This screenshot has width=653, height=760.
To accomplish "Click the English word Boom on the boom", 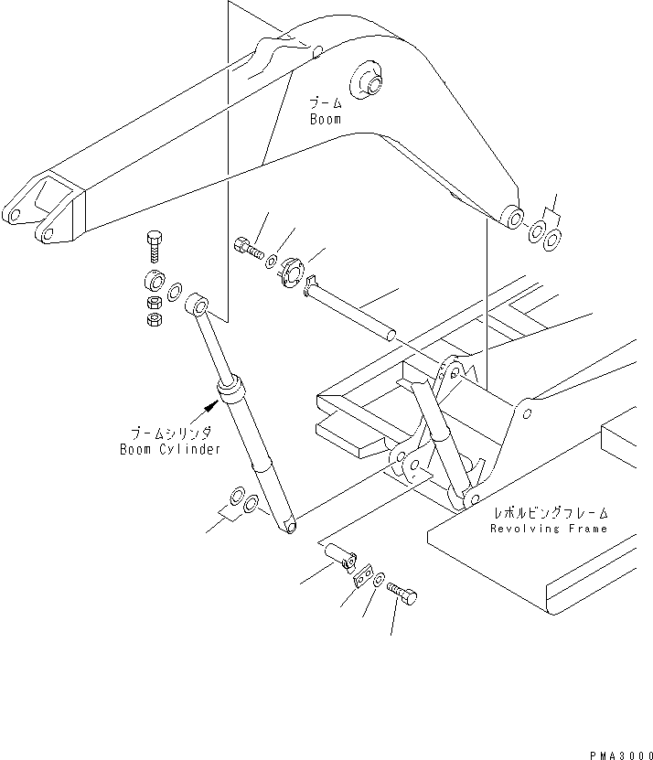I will point(325,119).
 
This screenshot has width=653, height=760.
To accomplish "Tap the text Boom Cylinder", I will point(170,449).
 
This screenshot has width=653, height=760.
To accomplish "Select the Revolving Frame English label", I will point(548,529).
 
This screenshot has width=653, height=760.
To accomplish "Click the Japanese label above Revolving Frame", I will point(548,514).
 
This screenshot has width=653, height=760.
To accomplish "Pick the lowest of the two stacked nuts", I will point(155,318).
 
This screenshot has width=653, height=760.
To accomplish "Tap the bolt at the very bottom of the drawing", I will point(404,597).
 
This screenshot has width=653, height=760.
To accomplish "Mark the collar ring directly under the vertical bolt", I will point(152,280).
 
